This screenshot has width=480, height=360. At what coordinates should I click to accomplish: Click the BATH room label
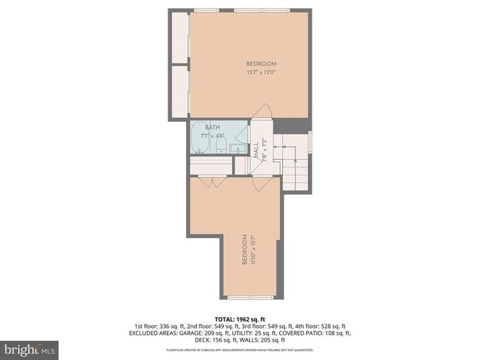click(x=213, y=127)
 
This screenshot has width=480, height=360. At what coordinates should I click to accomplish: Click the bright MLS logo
click(x=29, y=347)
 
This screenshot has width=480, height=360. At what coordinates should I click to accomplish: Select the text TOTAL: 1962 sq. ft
click(x=240, y=318)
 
